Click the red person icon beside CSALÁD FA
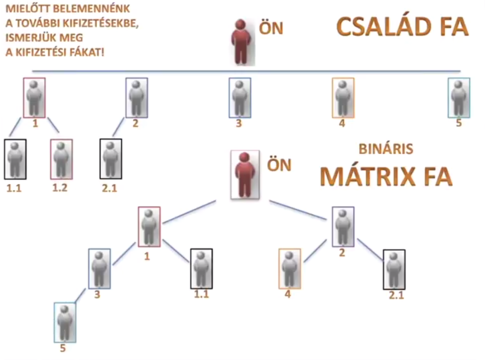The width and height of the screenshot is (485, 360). pyautogui.click(x=241, y=42)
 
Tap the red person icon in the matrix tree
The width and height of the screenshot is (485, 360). pyautogui.click(x=245, y=174)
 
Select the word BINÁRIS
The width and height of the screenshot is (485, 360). pyautogui.click(x=386, y=149)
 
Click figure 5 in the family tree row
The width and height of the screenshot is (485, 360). pyautogui.click(x=458, y=98)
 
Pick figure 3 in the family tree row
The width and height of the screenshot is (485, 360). pyautogui.click(x=240, y=98)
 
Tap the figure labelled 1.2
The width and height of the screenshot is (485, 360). pyautogui.click(x=62, y=159)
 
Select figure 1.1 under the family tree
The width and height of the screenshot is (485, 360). pyautogui.click(x=15, y=159)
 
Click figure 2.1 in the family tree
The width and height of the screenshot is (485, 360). pyautogui.click(x=111, y=159)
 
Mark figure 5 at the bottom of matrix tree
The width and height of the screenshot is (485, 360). pyautogui.click(x=65, y=322)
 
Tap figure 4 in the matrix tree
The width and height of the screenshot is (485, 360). pyautogui.click(x=289, y=269)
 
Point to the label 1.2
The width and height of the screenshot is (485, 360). pyautogui.click(x=60, y=188)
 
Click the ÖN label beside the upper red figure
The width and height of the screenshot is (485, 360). pyautogui.click(x=271, y=28)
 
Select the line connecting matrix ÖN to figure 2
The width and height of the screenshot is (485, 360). pyautogui.click(x=298, y=210)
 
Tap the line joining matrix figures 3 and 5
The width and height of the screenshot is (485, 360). pyautogui.click(x=81, y=295)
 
